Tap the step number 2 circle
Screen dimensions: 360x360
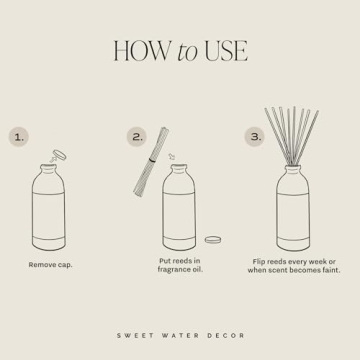(137, 135)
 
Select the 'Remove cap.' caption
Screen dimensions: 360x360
(50, 264)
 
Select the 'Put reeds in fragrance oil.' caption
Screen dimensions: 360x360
(180, 264)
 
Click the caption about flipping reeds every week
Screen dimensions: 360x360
(295, 264)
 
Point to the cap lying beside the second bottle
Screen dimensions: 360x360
(213, 239)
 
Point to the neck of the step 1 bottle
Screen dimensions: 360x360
(50, 171)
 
